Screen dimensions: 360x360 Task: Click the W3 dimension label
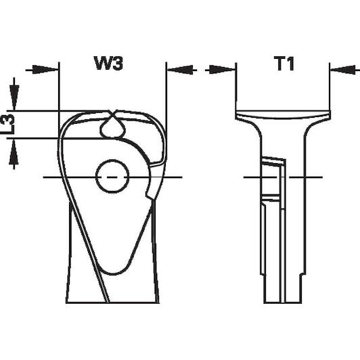click(108, 64)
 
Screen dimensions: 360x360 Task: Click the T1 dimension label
click(285, 64)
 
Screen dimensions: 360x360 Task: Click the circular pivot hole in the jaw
click(112, 177)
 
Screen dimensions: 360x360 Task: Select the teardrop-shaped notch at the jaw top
click(112, 127)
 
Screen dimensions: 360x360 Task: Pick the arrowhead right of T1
click(344, 70)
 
